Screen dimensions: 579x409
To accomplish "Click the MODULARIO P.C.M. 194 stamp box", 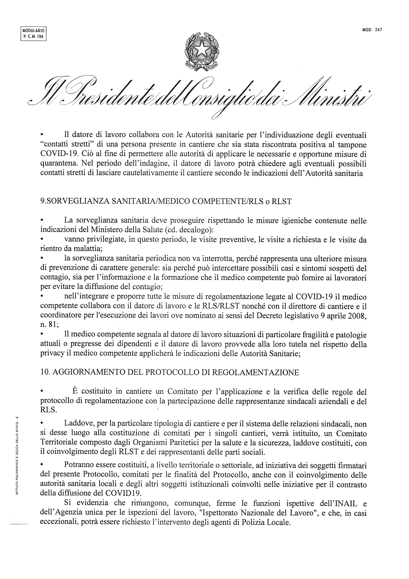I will (x=34, y=33).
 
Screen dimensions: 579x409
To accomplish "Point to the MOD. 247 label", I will (x=372, y=29).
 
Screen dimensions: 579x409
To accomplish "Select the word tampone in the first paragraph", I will (x=355, y=145).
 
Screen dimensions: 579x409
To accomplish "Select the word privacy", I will (x=51, y=354).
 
